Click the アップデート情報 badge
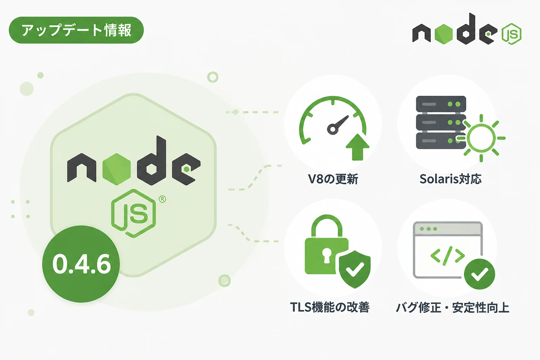pos(76,30)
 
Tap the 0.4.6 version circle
pos(81,264)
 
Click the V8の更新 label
pos(333,179)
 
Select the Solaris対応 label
pos(450,179)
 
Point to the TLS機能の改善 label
pos(329,307)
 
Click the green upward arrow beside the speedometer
pos(358,147)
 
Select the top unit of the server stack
pos(441,104)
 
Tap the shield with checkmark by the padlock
pos(355,269)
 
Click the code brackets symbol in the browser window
pos(448,256)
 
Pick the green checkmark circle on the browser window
pos(480,274)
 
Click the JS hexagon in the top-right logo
pos(512,34)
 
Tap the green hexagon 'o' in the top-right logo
pos(444,34)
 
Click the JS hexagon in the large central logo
pos(134,213)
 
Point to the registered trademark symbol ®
pos(162,199)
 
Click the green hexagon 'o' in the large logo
pos(117,169)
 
